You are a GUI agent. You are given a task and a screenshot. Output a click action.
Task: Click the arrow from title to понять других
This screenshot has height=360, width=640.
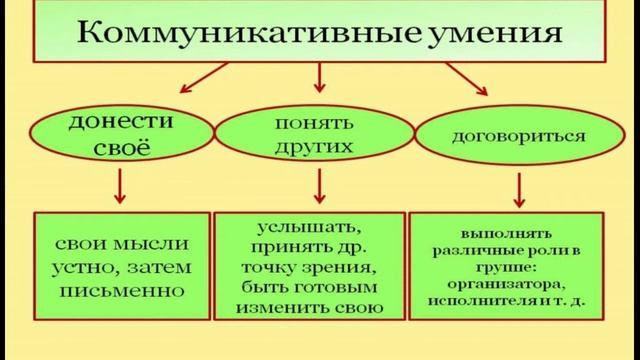coord(320,78)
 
